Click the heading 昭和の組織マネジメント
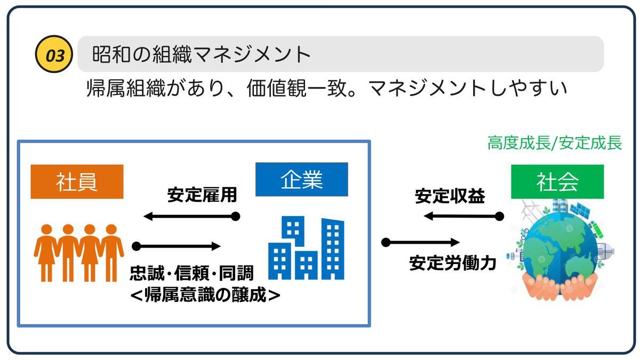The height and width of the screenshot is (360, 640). coord(202,54)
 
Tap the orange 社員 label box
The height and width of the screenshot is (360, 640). coord(77,182)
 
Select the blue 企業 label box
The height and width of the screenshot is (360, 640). coord(302,179)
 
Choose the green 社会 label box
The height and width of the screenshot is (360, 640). coord(557,182)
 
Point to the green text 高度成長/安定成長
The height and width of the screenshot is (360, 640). coord(555,143)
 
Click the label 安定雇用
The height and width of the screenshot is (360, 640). coord(202,195)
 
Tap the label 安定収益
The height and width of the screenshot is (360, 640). coord(450,196)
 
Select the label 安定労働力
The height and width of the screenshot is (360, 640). coord(453,263)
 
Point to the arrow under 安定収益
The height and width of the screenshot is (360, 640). coord(462,216)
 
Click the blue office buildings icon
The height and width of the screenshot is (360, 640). coord(306,248)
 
